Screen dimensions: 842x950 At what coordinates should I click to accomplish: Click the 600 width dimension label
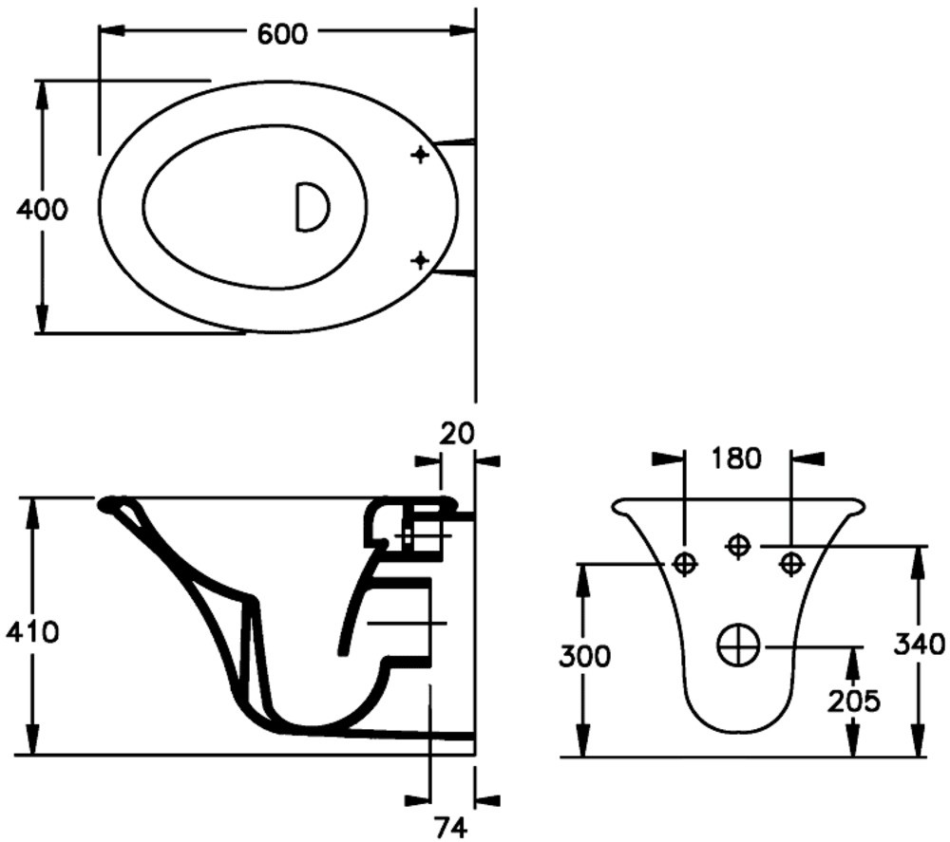coord(283,33)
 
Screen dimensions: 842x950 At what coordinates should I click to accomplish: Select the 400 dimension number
coord(42,209)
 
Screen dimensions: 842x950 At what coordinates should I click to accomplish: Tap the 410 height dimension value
coord(32,630)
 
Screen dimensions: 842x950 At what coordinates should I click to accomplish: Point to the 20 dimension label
coord(456,433)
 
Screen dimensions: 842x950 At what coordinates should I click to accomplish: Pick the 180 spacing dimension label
coord(736,458)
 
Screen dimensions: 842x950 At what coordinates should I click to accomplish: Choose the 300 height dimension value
coord(583,656)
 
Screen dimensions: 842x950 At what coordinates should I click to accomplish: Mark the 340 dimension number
coord(920,646)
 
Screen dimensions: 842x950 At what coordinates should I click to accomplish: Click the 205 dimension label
coord(853,701)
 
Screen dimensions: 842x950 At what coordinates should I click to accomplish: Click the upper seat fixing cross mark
coord(420,155)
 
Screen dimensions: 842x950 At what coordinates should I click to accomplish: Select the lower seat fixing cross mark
coord(420,259)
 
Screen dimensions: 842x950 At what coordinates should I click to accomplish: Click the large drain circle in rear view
coord(738,646)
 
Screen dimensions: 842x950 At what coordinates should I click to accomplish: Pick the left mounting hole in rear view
coord(684,564)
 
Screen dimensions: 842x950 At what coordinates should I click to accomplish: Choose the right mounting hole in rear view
coord(790,564)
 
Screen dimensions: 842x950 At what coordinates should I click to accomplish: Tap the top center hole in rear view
coord(738,545)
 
